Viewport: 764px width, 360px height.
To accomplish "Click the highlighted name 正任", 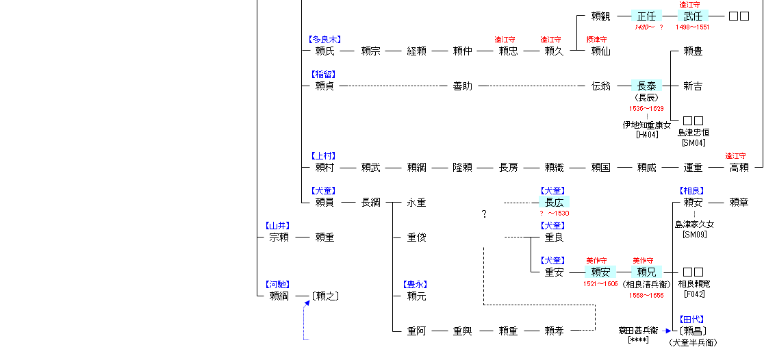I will click(x=646, y=16).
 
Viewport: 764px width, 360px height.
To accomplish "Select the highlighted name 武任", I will click(x=692, y=16).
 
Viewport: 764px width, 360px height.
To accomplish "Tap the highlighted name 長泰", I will click(x=646, y=86).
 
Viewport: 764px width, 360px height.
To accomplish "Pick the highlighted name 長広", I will click(x=554, y=203).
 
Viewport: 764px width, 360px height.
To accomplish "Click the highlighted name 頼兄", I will click(x=646, y=272).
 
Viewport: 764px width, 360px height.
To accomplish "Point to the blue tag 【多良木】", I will click(x=324, y=40).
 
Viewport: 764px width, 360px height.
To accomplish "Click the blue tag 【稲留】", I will click(x=324, y=74).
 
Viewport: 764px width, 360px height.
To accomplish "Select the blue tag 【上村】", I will click(x=324, y=156).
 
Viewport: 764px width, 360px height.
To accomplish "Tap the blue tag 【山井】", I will click(x=278, y=225).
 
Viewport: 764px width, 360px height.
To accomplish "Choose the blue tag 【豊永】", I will click(x=416, y=284).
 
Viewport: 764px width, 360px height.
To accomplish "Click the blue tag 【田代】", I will click(x=692, y=319).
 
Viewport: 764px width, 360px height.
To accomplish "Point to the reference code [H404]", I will click(x=646, y=135).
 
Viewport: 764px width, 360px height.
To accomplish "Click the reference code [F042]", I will click(x=693, y=294).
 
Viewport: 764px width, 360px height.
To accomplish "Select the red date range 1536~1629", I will click(x=646, y=109).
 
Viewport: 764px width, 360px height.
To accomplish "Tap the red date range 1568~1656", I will click(x=646, y=294).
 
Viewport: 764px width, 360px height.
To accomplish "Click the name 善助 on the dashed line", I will click(x=462, y=86).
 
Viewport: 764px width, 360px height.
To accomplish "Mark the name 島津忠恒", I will click(x=693, y=132).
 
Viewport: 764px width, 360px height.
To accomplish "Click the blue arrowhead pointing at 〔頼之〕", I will click(x=307, y=303).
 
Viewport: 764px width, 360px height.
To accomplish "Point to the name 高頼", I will click(x=739, y=168).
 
